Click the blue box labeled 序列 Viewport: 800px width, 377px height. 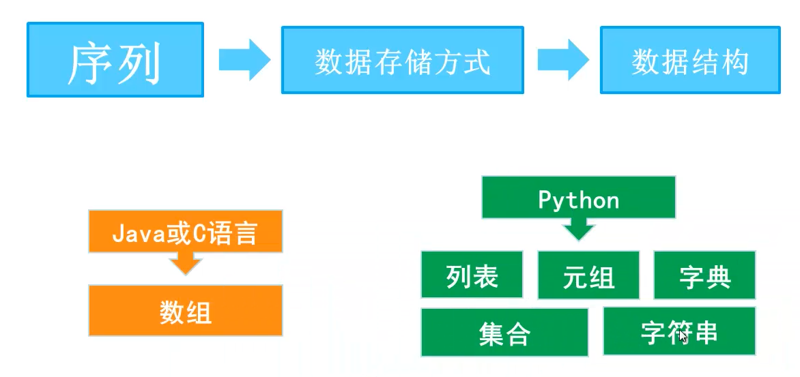pos(115,59)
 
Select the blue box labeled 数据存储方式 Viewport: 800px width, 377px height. pos(403,60)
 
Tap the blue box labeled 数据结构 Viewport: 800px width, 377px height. pos(690,60)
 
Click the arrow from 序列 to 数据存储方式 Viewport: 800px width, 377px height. pos(244,60)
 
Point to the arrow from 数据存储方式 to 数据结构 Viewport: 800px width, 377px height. pos(563,60)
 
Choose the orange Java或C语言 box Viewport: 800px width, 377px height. pos(185,231)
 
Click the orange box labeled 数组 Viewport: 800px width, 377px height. pos(185,310)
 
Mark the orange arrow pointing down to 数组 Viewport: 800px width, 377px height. pos(186,264)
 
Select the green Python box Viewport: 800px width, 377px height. pos(579,197)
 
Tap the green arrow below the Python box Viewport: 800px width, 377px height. pos(579,230)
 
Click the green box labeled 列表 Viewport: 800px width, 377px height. pos(472,275)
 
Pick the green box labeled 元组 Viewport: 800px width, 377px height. pos(589,275)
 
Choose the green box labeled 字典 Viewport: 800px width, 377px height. pos(704,275)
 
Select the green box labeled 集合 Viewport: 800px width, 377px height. pos(504,332)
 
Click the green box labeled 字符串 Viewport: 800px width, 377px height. pos(679,331)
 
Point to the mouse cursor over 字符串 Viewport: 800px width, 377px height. pos(683,337)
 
